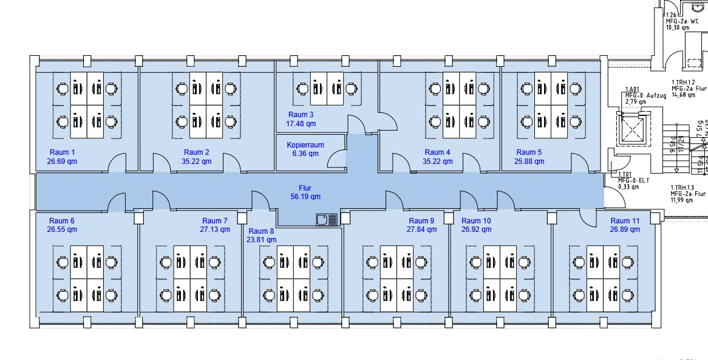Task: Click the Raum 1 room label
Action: click(x=61, y=152)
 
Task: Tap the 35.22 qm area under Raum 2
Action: click(x=196, y=161)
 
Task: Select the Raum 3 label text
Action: click(x=301, y=115)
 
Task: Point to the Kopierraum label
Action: click(x=305, y=145)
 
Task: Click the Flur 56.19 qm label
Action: click(x=305, y=197)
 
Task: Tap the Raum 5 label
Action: click(x=529, y=152)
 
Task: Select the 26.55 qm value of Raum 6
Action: click(x=62, y=229)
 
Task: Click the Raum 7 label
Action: click(x=215, y=221)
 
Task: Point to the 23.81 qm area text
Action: click(x=261, y=240)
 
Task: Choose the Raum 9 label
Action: click(x=421, y=221)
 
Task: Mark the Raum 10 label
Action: click(x=476, y=221)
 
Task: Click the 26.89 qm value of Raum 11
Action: click(x=625, y=229)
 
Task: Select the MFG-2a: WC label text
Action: click(x=682, y=21)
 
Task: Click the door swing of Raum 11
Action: click(x=589, y=216)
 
